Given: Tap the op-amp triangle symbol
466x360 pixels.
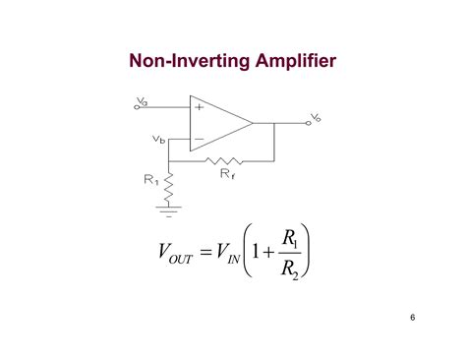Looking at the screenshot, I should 218,122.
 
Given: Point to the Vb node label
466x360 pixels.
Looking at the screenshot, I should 158,139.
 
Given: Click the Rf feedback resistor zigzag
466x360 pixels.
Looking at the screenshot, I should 226,158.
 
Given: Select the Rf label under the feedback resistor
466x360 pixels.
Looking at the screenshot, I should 226,173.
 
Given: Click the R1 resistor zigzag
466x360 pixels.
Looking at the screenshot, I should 169,181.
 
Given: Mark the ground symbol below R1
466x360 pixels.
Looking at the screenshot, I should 169,208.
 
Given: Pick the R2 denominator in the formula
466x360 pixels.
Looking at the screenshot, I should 290,269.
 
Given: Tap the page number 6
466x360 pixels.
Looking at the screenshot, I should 414,318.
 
